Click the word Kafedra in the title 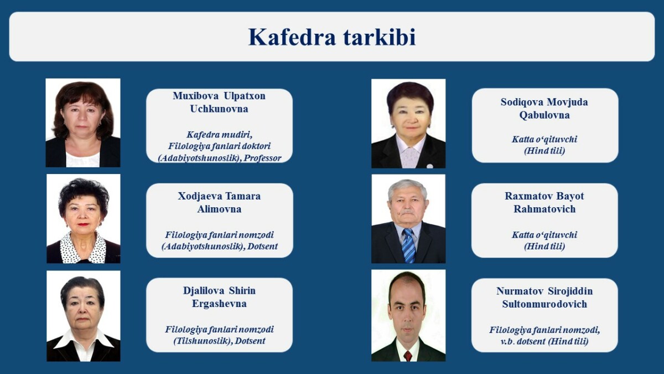pos(292,37)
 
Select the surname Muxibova pos(196,96)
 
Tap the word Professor pos(262,158)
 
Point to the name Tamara pos(243,196)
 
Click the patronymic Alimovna pos(219,209)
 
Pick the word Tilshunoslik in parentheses pos(202,341)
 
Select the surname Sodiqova pos(522,102)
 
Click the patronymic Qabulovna pos(544,115)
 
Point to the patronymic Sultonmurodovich pos(544,304)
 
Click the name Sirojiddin pos(570,291)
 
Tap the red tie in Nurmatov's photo pos(408,356)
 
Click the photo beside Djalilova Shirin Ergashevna pos(84,316)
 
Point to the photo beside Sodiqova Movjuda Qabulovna pos(408,124)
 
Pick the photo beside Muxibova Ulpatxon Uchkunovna pos(83,122)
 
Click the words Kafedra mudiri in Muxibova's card pos(219,135)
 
